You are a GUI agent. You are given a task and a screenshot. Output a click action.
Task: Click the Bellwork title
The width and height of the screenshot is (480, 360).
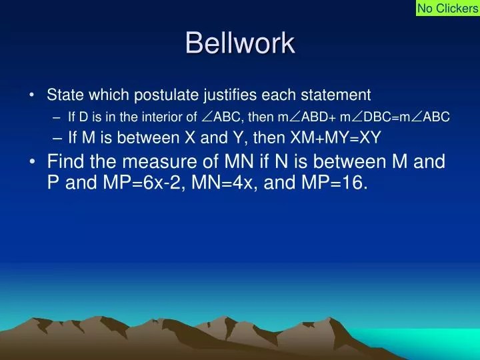point(240,43)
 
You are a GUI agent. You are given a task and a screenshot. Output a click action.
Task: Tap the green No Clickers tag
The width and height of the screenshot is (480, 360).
point(448,8)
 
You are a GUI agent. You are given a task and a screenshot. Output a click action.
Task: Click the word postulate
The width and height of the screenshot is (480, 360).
point(168,95)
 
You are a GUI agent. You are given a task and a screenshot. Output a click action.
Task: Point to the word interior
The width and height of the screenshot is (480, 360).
point(161,117)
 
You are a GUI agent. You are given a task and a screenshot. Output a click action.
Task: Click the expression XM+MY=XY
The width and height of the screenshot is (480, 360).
point(335,137)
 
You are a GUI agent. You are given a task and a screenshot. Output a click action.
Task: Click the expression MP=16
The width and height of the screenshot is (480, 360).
point(334,183)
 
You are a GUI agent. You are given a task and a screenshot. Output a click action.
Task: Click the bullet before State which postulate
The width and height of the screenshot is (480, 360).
point(32,95)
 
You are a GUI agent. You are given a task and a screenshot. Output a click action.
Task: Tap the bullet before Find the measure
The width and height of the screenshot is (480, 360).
point(33,161)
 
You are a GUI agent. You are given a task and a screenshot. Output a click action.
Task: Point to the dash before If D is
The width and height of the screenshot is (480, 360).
point(56,117)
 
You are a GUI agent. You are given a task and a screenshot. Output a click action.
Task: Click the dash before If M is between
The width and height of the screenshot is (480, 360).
point(57,139)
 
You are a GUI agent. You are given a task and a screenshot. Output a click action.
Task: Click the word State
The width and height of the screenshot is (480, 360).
point(65,95)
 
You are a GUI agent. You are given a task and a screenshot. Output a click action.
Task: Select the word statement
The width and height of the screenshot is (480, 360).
point(336,95)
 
